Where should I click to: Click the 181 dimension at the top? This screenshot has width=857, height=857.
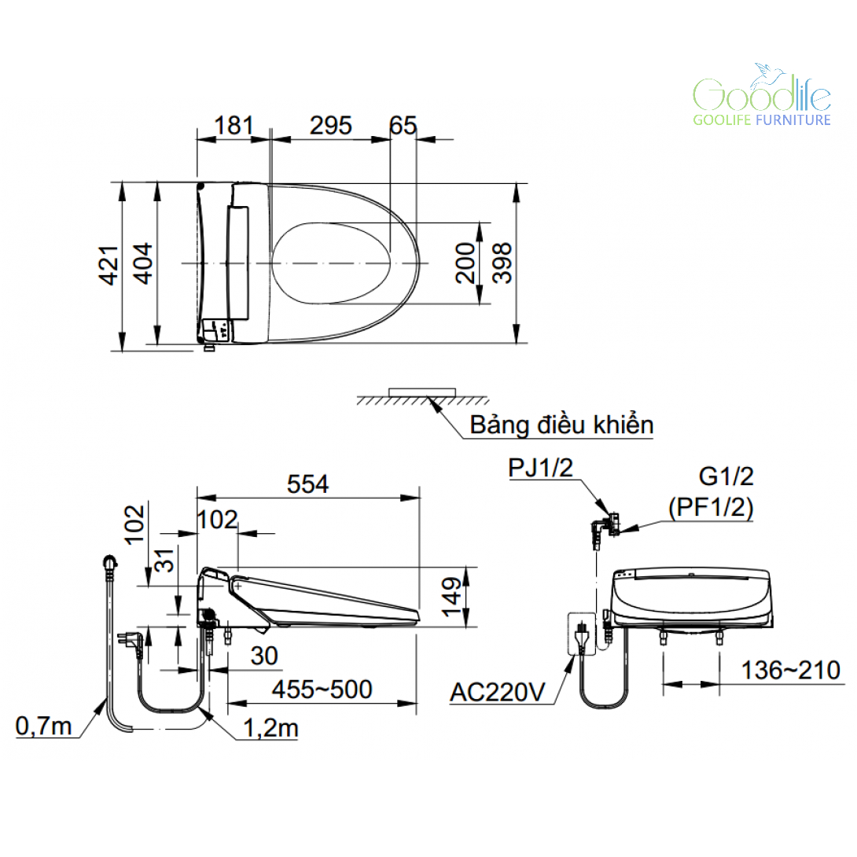[234, 126]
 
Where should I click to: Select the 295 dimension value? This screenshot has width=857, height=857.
[331, 126]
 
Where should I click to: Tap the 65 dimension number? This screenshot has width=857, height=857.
[403, 126]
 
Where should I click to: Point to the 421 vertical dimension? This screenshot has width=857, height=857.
[109, 266]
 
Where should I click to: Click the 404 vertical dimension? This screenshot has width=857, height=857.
[143, 264]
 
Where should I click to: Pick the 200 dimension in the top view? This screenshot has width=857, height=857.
[465, 263]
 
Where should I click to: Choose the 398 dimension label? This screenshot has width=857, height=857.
[502, 263]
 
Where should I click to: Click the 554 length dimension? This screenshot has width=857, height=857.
[307, 484]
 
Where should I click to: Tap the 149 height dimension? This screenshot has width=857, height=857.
[452, 597]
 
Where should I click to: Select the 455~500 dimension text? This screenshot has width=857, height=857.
[322, 690]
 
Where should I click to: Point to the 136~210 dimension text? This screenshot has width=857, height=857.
[790, 671]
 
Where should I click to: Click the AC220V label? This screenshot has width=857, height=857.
[498, 693]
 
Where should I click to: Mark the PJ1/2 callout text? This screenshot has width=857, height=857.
[541, 468]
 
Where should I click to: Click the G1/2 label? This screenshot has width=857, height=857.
[726, 476]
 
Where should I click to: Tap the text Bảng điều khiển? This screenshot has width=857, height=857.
[561, 425]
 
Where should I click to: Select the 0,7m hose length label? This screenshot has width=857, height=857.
[44, 726]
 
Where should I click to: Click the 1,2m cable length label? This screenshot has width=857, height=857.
[270, 728]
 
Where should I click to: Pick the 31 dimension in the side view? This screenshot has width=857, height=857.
[164, 561]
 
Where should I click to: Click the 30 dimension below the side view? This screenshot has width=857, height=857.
[264, 656]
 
